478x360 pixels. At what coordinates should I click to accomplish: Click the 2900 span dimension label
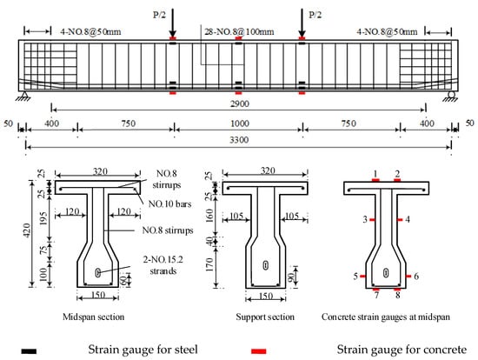(x=240, y=103)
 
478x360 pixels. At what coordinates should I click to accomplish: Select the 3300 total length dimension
(x=239, y=140)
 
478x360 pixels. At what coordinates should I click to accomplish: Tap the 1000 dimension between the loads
(x=240, y=123)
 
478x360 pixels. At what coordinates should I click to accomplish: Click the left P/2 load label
(x=159, y=15)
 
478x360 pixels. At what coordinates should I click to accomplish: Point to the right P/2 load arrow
(x=302, y=23)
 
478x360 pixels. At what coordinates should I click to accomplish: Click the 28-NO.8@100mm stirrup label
(x=239, y=31)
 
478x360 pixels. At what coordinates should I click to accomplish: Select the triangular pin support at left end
(x=24, y=96)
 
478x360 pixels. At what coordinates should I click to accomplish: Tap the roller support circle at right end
(x=451, y=95)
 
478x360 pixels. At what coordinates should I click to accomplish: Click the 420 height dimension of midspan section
(x=27, y=230)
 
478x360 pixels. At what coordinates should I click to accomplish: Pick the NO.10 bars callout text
(x=169, y=203)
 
